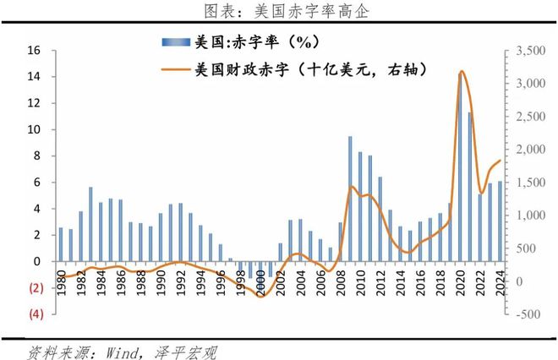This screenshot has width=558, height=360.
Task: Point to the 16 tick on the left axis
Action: pyautogui.click(x=35, y=51)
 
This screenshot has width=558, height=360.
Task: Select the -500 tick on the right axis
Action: pyautogui.click(x=525, y=314)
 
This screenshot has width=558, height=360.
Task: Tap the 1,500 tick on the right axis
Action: pyautogui.click(x=527, y=183)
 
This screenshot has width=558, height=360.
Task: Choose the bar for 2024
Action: pyautogui.click(x=500, y=221)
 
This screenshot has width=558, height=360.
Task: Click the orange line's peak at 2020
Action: pyautogui.click(x=461, y=72)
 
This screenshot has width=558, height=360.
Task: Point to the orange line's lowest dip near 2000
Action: pyautogui.click(x=260, y=296)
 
